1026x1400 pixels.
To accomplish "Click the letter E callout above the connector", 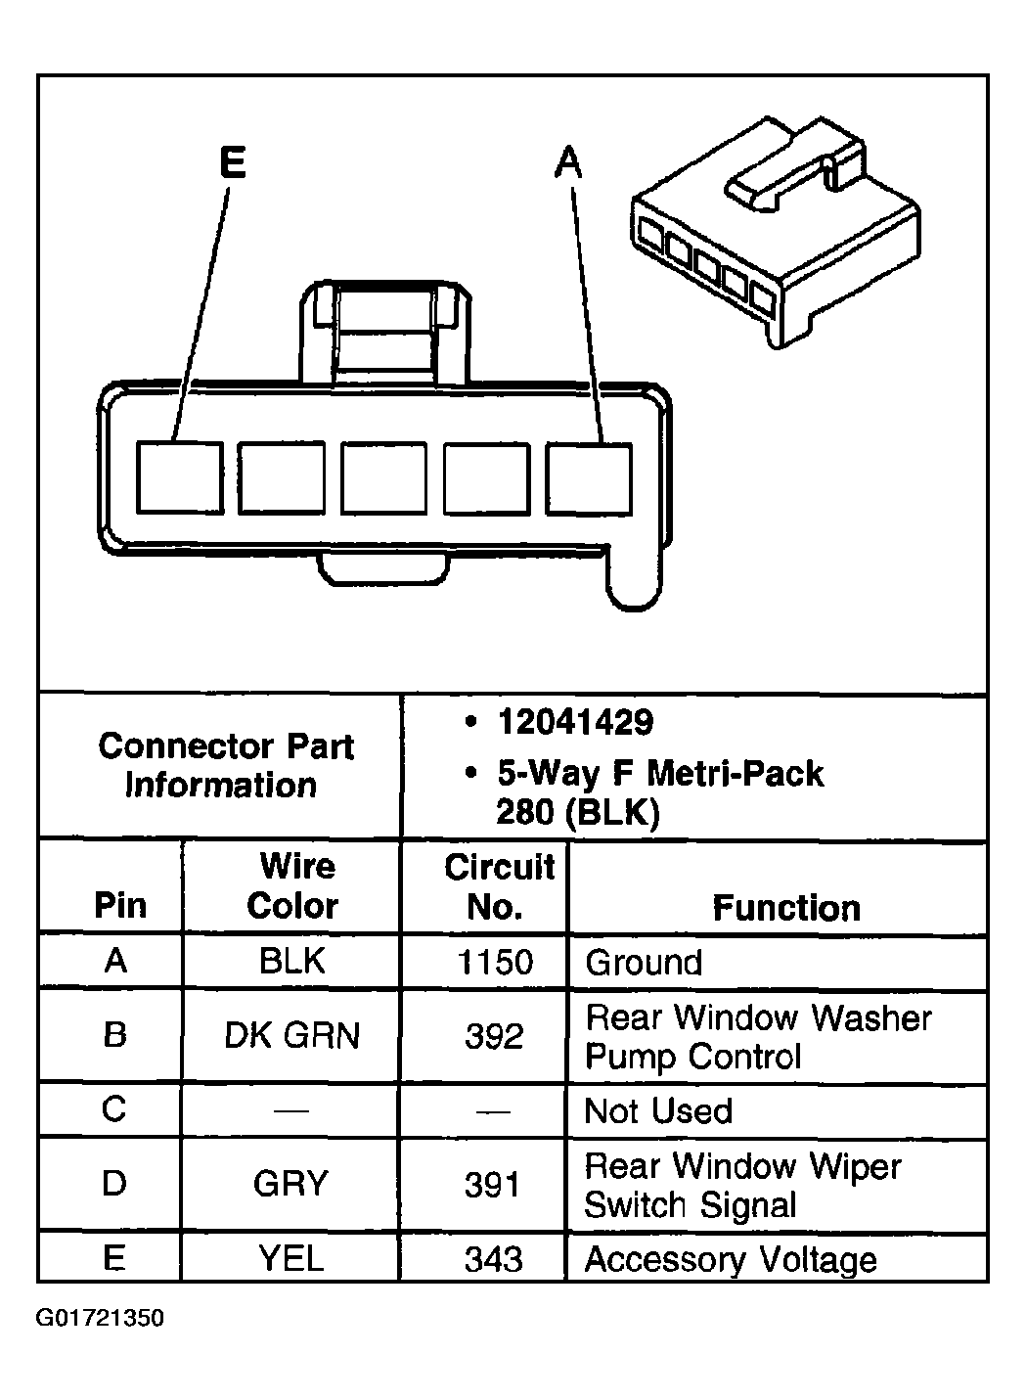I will pyautogui.click(x=232, y=162).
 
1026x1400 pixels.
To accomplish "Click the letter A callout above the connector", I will pyautogui.click(x=568, y=162).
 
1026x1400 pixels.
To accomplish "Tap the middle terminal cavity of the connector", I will pyautogui.click(x=383, y=477).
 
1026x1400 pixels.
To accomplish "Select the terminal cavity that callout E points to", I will pyautogui.click(x=179, y=477).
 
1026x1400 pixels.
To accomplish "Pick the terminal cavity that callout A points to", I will pyautogui.click(x=588, y=477).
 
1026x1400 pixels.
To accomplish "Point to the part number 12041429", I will pyautogui.click(x=574, y=722).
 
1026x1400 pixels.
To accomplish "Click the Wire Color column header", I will pyautogui.click(x=292, y=886).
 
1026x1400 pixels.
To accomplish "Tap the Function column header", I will pyautogui.click(x=785, y=908).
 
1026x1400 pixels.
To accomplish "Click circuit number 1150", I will pyautogui.click(x=495, y=962).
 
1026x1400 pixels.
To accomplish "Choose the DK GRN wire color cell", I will pyautogui.click(x=291, y=1035).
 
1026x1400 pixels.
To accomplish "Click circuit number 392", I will pyautogui.click(x=494, y=1035).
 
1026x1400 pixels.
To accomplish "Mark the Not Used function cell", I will pyautogui.click(x=657, y=1110).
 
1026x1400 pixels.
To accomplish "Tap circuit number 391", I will pyautogui.click(x=492, y=1185).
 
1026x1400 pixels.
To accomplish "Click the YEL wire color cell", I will pyautogui.click(x=291, y=1258).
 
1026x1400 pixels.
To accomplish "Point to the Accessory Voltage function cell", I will pyautogui.click(x=730, y=1259).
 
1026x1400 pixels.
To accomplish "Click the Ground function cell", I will pyautogui.click(x=644, y=963).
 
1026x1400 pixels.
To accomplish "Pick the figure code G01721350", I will pyautogui.click(x=100, y=1318).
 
